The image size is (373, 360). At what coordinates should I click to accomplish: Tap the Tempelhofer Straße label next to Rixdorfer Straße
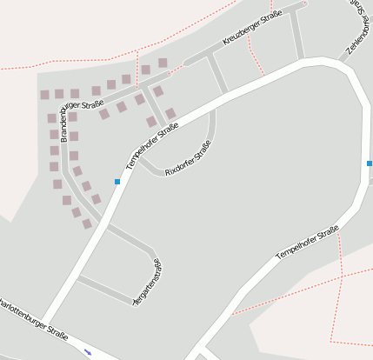click(x=152, y=145)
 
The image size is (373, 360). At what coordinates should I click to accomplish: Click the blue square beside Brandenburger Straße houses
click(x=117, y=181)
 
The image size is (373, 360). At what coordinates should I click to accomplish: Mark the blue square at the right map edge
click(x=370, y=163)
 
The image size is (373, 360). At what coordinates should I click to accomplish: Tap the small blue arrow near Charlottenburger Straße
click(x=88, y=352)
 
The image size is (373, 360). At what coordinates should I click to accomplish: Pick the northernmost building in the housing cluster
click(x=163, y=63)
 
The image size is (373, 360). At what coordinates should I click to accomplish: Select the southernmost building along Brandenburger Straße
click(x=87, y=223)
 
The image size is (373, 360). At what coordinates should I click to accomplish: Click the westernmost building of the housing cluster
click(x=44, y=95)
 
